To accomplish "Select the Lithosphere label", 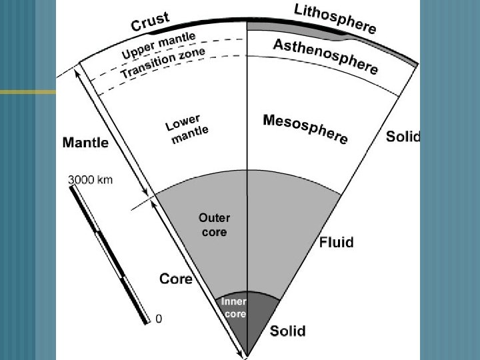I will (335, 18).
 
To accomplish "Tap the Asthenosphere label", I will (326, 56).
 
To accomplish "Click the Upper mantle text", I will (159, 45).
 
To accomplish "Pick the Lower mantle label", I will (186, 130).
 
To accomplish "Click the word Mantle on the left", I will (85, 142).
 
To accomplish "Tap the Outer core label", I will (214, 225).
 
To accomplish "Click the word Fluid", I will (336, 241).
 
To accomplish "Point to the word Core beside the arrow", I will (176, 278).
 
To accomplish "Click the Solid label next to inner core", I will (287, 331).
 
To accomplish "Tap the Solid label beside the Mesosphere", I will (403, 137).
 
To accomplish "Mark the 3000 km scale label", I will (90, 179).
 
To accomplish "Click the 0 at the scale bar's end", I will (158, 319).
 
